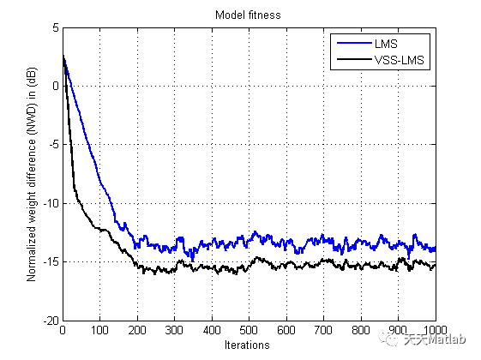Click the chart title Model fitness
tap(249, 14)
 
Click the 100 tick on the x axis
tap(99, 330)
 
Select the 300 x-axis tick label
tap(174, 330)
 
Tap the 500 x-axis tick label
tap(249, 330)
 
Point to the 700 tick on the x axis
tap(323, 330)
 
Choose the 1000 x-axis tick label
tap(434, 330)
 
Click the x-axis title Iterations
tap(249, 345)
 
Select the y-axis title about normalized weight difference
tap(31, 174)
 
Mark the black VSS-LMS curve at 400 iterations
tap(212, 270)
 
